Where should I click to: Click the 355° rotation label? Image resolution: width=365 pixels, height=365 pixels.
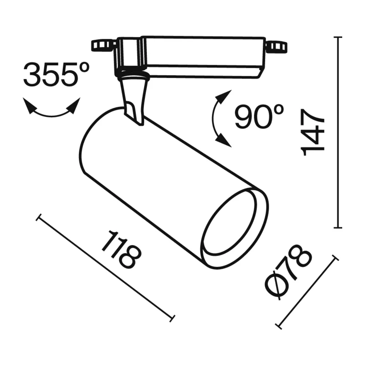coord(56,73)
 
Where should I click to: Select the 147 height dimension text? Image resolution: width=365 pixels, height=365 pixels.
coord(313,132)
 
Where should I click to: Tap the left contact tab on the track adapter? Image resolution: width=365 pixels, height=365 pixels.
coord(103,46)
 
